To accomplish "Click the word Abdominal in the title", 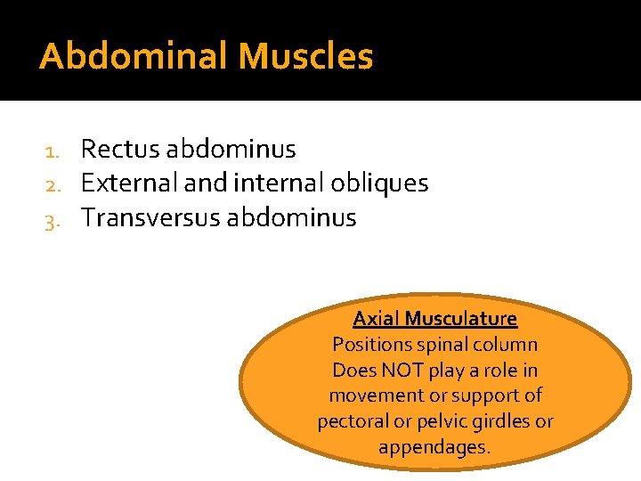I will (x=134, y=57).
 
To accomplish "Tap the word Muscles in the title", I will (x=305, y=57).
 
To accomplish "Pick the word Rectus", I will (x=119, y=150).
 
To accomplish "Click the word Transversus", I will (x=150, y=217).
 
